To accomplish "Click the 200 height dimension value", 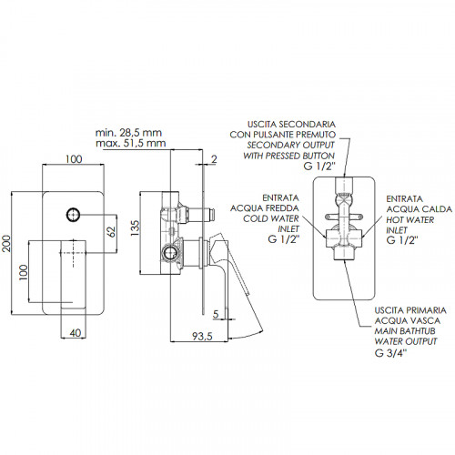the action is point(6,244).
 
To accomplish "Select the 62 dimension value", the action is point(112,232).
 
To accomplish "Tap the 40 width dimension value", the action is point(76,333).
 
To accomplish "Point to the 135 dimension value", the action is point(135,228).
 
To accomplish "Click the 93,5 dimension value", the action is point(202,336).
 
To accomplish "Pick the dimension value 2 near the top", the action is point(214,159).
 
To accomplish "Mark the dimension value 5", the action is point(216,314).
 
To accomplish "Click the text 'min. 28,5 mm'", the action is point(128,133).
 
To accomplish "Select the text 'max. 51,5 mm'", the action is point(131,143).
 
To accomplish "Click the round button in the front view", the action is point(73,215).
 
